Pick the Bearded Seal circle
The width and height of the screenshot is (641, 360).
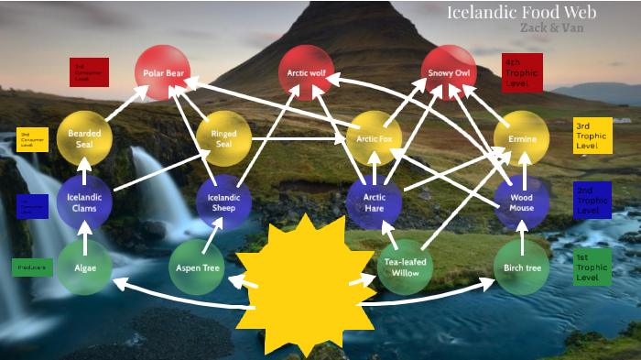tap(84, 138)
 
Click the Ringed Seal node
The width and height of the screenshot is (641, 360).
tap(223, 138)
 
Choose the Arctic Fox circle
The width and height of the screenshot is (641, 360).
tap(375, 138)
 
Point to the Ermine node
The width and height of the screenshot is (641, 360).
tap(521, 138)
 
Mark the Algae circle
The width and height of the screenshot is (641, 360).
tap(84, 267)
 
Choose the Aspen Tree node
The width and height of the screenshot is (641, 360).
tap(197, 267)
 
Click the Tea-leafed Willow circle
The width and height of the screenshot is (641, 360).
tap(403, 267)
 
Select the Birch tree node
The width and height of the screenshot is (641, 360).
tap(521, 267)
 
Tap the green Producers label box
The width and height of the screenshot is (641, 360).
tap(32, 267)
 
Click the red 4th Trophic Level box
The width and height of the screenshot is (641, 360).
tap(522, 72)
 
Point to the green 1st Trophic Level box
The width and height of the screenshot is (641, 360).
tap(592, 267)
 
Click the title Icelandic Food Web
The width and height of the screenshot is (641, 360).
tap(521, 12)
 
